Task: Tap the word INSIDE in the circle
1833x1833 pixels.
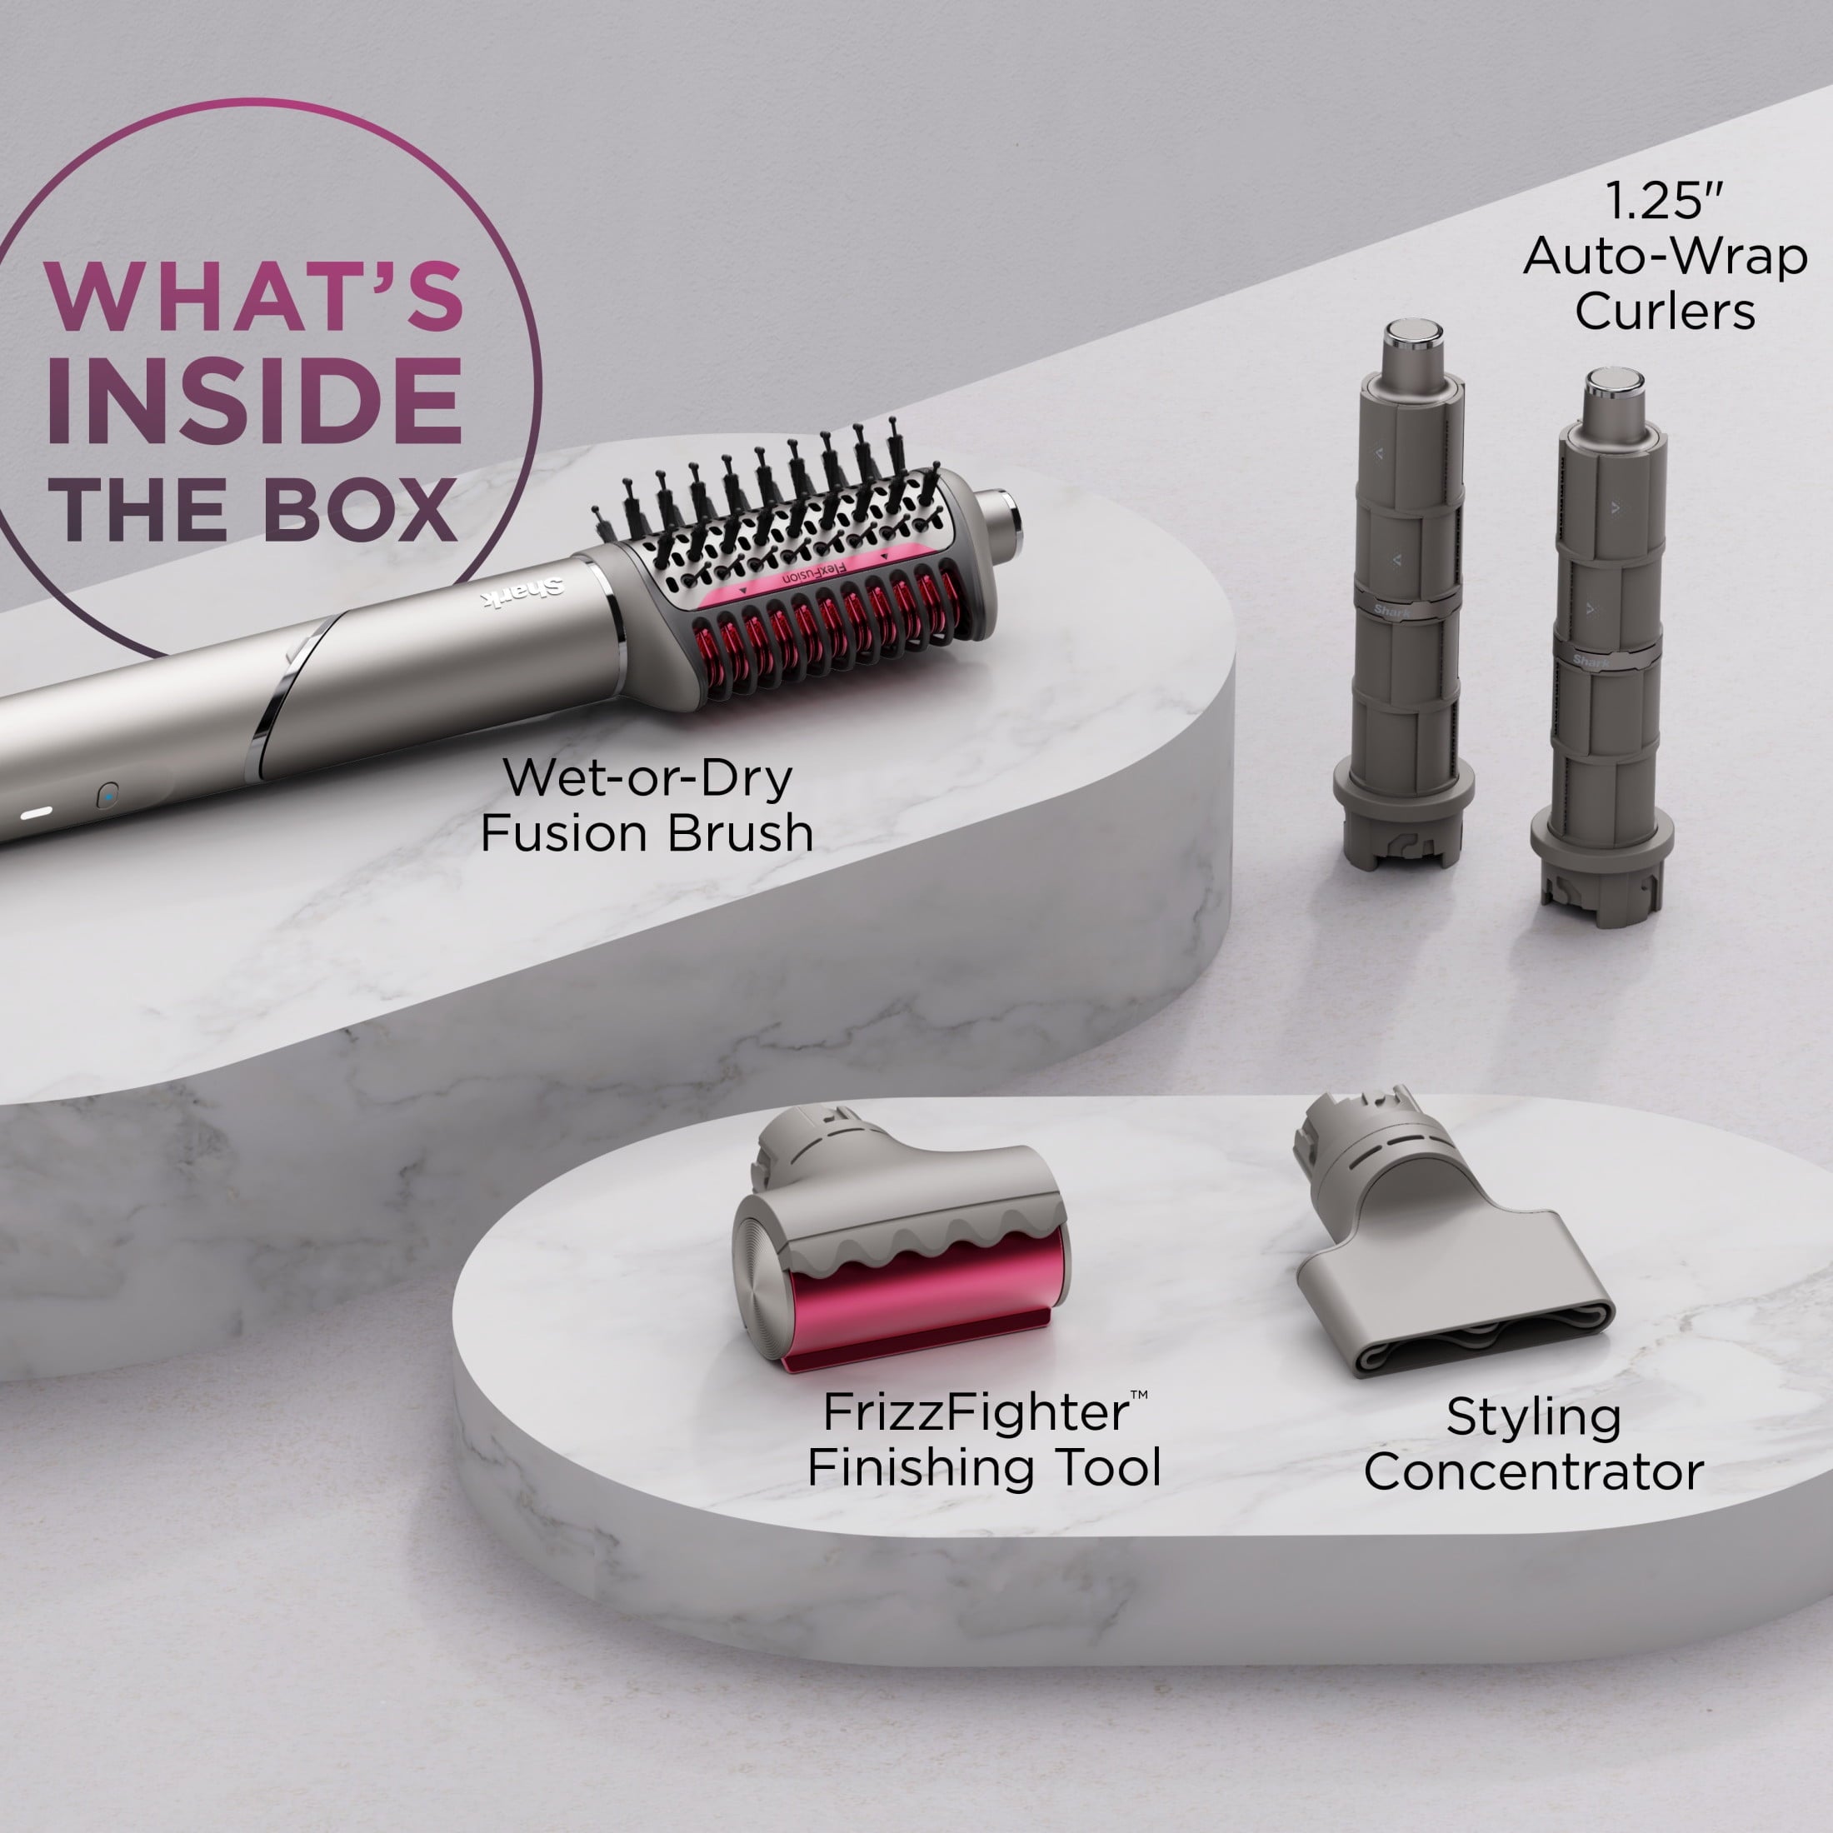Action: click(x=254, y=402)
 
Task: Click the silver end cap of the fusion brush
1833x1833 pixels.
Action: click(x=1001, y=517)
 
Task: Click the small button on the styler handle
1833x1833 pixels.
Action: click(x=108, y=795)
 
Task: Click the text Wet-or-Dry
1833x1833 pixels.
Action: click(x=647, y=778)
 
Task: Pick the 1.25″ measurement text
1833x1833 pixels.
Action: click(x=1663, y=201)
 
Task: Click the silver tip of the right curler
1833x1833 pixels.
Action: click(x=1614, y=384)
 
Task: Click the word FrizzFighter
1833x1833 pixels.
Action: click(x=976, y=1413)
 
